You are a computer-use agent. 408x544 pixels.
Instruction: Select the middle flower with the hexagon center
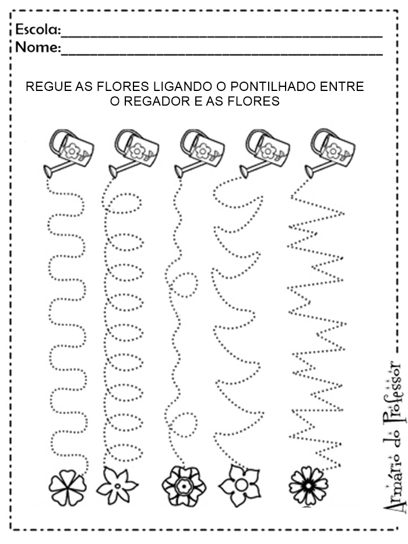(x=184, y=484)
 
